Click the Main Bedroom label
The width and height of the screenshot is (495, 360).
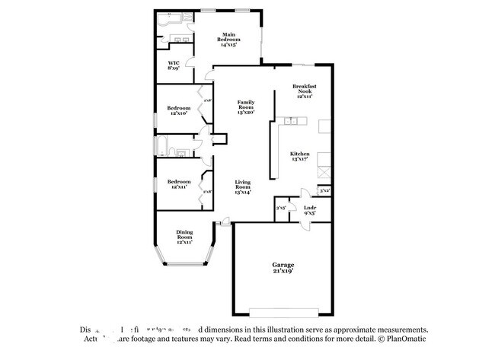coord(228,40)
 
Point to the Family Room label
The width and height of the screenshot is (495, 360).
coord(245,107)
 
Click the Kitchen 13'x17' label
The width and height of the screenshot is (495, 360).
coord(299,157)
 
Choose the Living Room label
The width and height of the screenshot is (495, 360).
coord(243,186)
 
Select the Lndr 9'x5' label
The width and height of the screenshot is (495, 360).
coord(310,210)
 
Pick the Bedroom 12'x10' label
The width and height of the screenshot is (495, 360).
coord(178,110)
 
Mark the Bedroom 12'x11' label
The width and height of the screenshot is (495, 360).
coord(178,184)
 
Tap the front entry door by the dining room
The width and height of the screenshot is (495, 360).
coord(223,223)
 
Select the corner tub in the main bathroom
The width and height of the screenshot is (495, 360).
coord(166,22)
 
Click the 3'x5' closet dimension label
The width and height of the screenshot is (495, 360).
coord(280,207)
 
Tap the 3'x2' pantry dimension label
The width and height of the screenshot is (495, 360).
coord(324,190)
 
